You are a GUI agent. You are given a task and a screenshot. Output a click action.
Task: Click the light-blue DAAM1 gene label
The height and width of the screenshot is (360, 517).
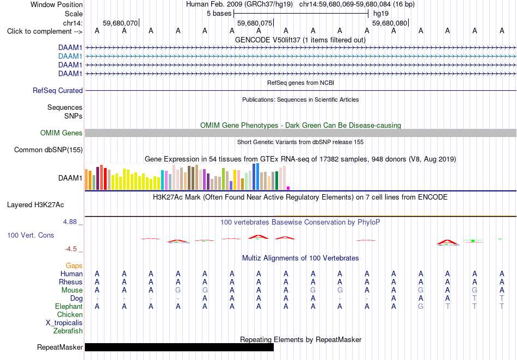[70, 57]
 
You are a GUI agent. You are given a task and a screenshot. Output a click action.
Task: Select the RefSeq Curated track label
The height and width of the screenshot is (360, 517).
[58, 91]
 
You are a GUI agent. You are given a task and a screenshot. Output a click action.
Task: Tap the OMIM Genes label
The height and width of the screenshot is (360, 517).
[61, 133]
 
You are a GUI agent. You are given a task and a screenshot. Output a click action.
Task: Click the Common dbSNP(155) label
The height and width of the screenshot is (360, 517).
[48, 150]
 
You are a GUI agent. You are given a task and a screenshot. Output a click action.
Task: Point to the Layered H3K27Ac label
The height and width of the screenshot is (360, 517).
[35, 205]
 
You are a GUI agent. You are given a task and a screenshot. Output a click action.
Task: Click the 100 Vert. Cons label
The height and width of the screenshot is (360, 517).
[30, 235]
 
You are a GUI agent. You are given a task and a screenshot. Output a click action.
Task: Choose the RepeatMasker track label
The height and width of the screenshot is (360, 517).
[60, 347]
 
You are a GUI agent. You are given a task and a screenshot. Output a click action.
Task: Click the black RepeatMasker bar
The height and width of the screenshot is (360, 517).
[180, 347]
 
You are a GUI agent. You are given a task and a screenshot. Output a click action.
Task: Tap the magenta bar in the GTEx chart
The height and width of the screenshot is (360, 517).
[288, 188]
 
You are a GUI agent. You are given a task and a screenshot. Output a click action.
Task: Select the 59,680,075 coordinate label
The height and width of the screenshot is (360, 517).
[255, 23]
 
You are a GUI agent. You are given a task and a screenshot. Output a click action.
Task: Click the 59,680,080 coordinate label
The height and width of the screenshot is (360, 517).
[390, 23]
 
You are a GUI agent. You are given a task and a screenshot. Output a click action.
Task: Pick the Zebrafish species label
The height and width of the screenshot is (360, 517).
[68, 331]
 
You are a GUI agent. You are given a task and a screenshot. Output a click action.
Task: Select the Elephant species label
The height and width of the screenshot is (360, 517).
[69, 307]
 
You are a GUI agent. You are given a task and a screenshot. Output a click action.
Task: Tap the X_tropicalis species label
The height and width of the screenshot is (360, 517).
[64, 323]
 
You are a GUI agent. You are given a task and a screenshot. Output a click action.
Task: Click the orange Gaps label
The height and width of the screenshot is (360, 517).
[74, 266]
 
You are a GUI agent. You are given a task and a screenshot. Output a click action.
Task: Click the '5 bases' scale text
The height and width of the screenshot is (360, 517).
[219, 14]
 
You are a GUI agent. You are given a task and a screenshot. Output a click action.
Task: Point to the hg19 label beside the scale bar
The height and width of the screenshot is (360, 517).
[381, 14]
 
